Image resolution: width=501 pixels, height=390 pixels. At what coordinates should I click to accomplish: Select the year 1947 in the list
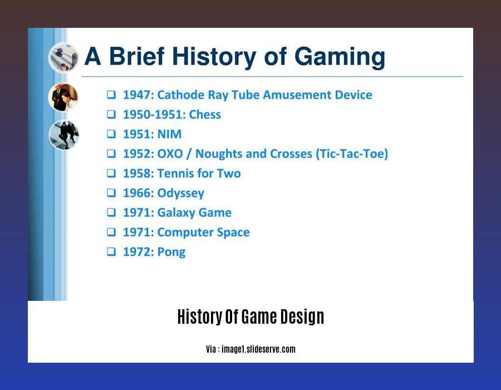[x=136, y=95]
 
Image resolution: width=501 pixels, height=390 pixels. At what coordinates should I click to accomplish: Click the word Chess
[x=205, y=115]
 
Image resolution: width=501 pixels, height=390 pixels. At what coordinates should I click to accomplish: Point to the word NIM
[x=169, y=134]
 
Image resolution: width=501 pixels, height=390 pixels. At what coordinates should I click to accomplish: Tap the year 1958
[x=136, y=173]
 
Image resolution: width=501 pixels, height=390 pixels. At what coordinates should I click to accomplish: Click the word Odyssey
[x=181, y=193]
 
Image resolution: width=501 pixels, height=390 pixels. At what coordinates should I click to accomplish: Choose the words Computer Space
[x=204, y=232]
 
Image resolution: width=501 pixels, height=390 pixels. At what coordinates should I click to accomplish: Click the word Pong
[x=171, y=252]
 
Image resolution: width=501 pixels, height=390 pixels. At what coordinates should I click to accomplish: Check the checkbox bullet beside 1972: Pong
[x=112, y=252]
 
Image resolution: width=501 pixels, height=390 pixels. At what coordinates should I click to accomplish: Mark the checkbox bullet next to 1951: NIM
[x=112, y=134]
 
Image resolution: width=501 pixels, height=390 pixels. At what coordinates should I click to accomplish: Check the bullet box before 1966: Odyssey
[x=112, y=193]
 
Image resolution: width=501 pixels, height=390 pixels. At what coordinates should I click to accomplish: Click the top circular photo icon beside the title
[x=63, y=57]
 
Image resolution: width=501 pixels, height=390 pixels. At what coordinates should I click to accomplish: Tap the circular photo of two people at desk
[x=63, y=97]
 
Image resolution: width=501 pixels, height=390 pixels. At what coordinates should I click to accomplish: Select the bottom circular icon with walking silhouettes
[x=63, y=135]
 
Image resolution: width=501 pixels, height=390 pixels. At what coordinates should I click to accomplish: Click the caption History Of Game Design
[x=250, y=317]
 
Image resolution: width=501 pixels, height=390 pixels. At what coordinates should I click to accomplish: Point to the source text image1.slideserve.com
[x=258, y=349]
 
